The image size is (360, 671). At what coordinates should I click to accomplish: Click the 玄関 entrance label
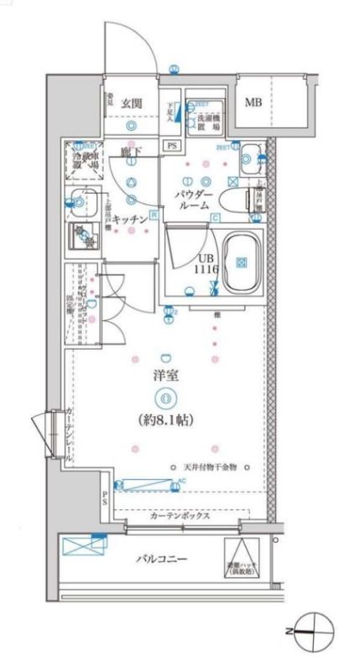tap(131, 103)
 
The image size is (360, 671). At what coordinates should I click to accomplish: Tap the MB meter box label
tap(253, 103)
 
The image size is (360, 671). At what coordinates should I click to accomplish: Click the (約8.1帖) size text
tap(166, 418)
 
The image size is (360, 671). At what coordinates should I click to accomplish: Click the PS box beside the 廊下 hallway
tap(172, 145)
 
